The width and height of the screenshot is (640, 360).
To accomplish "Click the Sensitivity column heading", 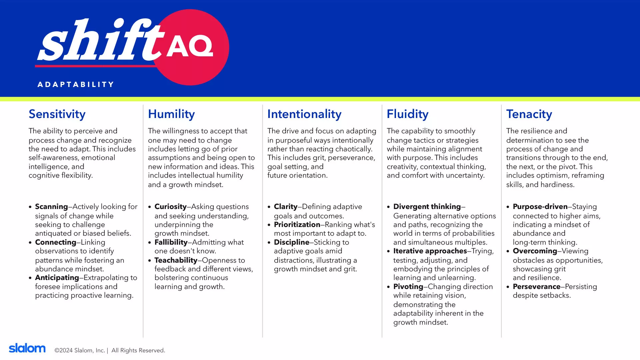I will [x=57, y=114].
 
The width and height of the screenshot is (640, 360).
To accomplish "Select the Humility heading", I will [x=171, y=114].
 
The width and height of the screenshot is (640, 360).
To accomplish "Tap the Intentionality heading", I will [x=304, y=114].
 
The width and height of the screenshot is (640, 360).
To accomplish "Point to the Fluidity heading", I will [x=407, y=114].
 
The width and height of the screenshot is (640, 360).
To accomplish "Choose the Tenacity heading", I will [x=529, y=114].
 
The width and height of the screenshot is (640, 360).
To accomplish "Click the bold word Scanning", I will [x=51, y=207].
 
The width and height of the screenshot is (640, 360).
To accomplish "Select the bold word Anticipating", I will [x=57, y=278].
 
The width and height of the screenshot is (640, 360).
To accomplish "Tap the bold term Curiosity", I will [x=170, y=207].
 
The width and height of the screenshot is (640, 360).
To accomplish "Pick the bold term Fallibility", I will [x=171, y=242].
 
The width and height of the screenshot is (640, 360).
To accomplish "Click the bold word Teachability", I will [x=176, y=260].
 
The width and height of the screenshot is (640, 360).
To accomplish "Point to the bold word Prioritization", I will [x=297, y=225].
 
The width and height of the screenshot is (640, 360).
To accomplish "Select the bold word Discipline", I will [x=292, y=242].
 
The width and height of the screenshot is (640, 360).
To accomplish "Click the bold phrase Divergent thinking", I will [x=427, y=207].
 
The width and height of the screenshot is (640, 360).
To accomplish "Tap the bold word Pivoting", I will [x=408, y=287].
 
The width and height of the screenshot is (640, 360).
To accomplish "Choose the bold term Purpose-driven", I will [x=540, y=207].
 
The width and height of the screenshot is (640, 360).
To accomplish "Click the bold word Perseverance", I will [x=537, y=287].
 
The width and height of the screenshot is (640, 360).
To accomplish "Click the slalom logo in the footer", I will [x=27, y=348].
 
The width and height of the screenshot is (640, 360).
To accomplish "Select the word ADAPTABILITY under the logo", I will [x=76, y=85].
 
